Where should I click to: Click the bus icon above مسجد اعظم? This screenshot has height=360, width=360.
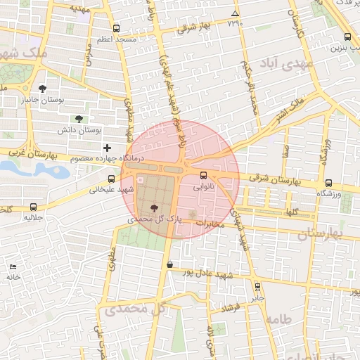(x=115, y=30)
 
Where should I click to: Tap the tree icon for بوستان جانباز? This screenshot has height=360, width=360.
(x=43, y=89)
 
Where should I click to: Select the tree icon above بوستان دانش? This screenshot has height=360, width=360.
(x=79, y=119)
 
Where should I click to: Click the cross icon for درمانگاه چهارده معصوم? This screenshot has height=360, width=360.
(x=107, y=148)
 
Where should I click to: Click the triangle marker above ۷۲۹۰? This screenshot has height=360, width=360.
(x=234, y=13)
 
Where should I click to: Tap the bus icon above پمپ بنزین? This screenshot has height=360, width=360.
(x=347, y=38)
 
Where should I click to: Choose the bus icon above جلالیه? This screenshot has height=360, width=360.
(x=34, y=207)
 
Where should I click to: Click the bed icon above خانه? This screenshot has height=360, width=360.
(x=13, y=266)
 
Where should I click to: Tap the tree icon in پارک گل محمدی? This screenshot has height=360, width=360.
(x=154, y=207)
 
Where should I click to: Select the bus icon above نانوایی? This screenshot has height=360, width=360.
(x=204, y=175)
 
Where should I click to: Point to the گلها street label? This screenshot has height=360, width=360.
(x=290, y=211)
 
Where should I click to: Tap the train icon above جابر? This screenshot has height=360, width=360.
(x=257, y=287)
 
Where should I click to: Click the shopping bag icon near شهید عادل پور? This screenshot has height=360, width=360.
(x=169, y=265)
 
